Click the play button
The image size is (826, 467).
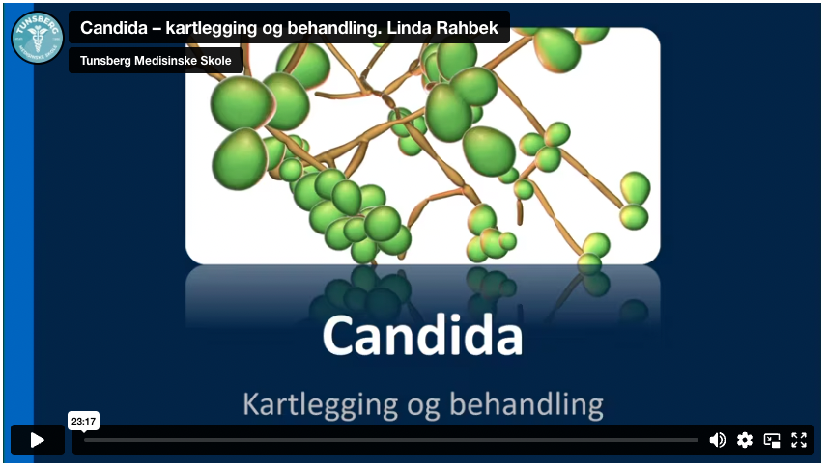point(38,440)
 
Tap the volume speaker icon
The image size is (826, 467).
point(718,440)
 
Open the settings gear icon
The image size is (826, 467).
point(744,440)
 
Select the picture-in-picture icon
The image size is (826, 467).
point(772,440)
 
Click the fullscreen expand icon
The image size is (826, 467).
point(799,440)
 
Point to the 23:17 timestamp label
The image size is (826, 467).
point(84,421)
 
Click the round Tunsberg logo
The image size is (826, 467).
point(38,38)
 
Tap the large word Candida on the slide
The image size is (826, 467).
point(422,336)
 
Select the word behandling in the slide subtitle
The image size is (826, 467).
point(527,405)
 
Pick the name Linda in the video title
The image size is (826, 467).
point(409,28)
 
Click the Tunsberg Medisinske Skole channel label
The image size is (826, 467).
point(156,61)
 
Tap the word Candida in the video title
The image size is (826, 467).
point(114,28)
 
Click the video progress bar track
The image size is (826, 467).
point(391,440)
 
